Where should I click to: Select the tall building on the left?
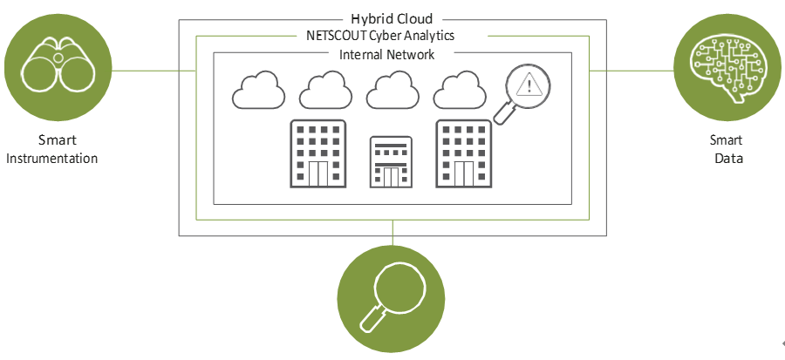coord(317,154)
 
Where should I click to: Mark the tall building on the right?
coord(464,154)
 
